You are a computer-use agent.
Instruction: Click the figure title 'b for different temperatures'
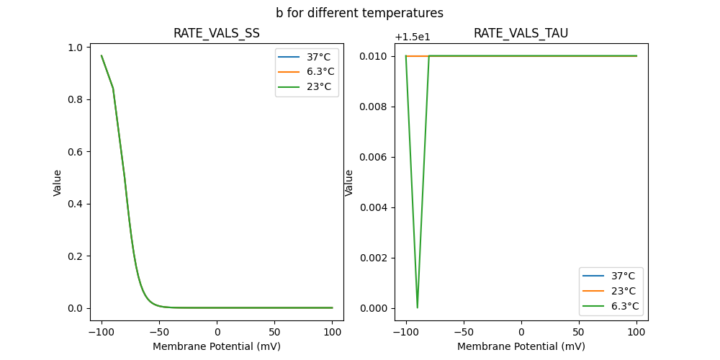359,13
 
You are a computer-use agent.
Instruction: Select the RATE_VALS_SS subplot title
216,34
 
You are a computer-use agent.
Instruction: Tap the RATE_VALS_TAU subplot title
521,34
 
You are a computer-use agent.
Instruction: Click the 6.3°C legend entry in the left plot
319,71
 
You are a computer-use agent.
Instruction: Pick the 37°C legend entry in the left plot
319,57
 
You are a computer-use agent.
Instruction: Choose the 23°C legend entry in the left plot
319,86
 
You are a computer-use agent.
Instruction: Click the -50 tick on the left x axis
159,332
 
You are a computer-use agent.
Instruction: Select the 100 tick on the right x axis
636,332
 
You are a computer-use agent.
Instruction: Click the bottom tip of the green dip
418,307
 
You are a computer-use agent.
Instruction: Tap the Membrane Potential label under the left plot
216,346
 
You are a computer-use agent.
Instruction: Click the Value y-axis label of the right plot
349,182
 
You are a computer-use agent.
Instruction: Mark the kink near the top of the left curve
113,88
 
